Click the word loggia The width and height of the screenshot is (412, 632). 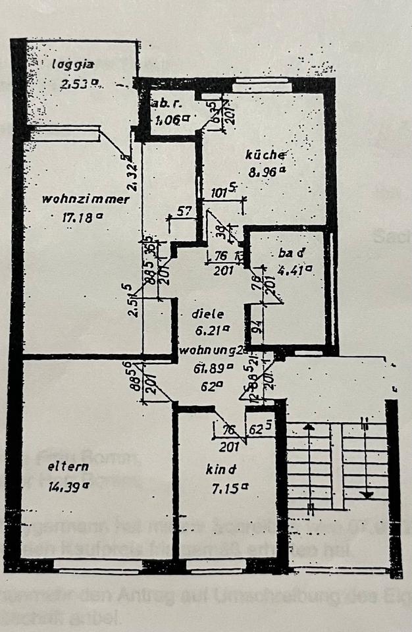[x=74, y=65]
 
